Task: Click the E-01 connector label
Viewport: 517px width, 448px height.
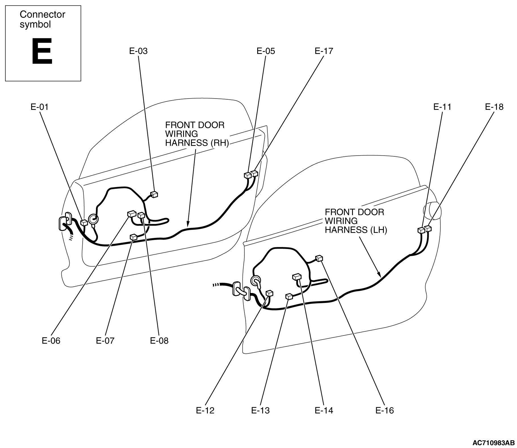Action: pyautogui.click(x=39, y=107)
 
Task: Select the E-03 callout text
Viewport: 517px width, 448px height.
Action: pyautogui.click(x=139, y=51)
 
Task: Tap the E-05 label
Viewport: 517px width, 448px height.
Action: pyautogui.click(x=266, y=51)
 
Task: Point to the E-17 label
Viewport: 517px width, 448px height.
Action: pyautogui.click(x=324, y=51)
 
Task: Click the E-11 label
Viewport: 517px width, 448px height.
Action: pyautogui.click(x=442, y=107)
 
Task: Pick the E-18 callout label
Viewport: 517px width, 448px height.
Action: pyautogui.click(x=494, y=107)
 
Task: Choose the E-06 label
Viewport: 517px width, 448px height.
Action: pyautogui.click(x=51, y=341)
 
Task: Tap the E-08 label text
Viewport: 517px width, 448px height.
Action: pyautogui.click(x=159, y=341)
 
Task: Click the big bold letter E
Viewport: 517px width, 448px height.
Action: pyautogui.click(x=42, y=52)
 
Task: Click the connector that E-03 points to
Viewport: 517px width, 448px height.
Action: pyautogui.click(x=154, y=194)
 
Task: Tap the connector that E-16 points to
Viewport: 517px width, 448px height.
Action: pyautogui.click(x=319, y=258)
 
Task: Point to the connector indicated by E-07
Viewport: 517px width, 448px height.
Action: pyautogui.click(x=133, y=237)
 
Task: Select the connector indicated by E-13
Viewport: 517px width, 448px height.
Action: pyautogui.click(x=289, y=296)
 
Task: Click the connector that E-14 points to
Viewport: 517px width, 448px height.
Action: pyautogui.click(x=297, y=277)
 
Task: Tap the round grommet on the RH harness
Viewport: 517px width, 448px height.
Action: pyautogui.click(x=93, y=219)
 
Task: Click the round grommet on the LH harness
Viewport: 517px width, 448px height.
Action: pyautogui.click(x=255, y=281)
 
